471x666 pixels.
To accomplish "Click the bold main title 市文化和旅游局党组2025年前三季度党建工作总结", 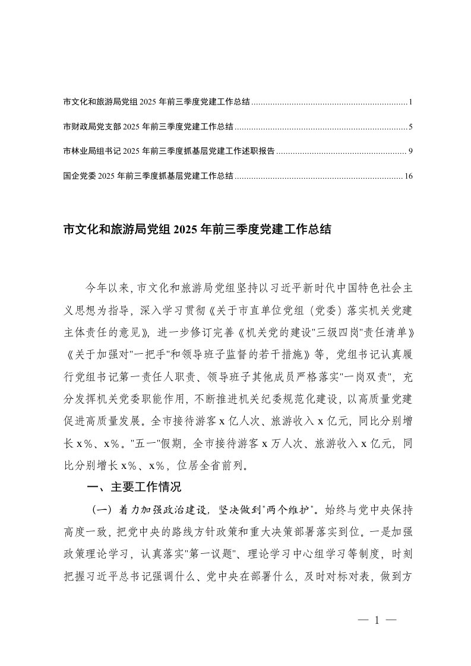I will point(196,229).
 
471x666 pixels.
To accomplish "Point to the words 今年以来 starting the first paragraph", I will point(105,288).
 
